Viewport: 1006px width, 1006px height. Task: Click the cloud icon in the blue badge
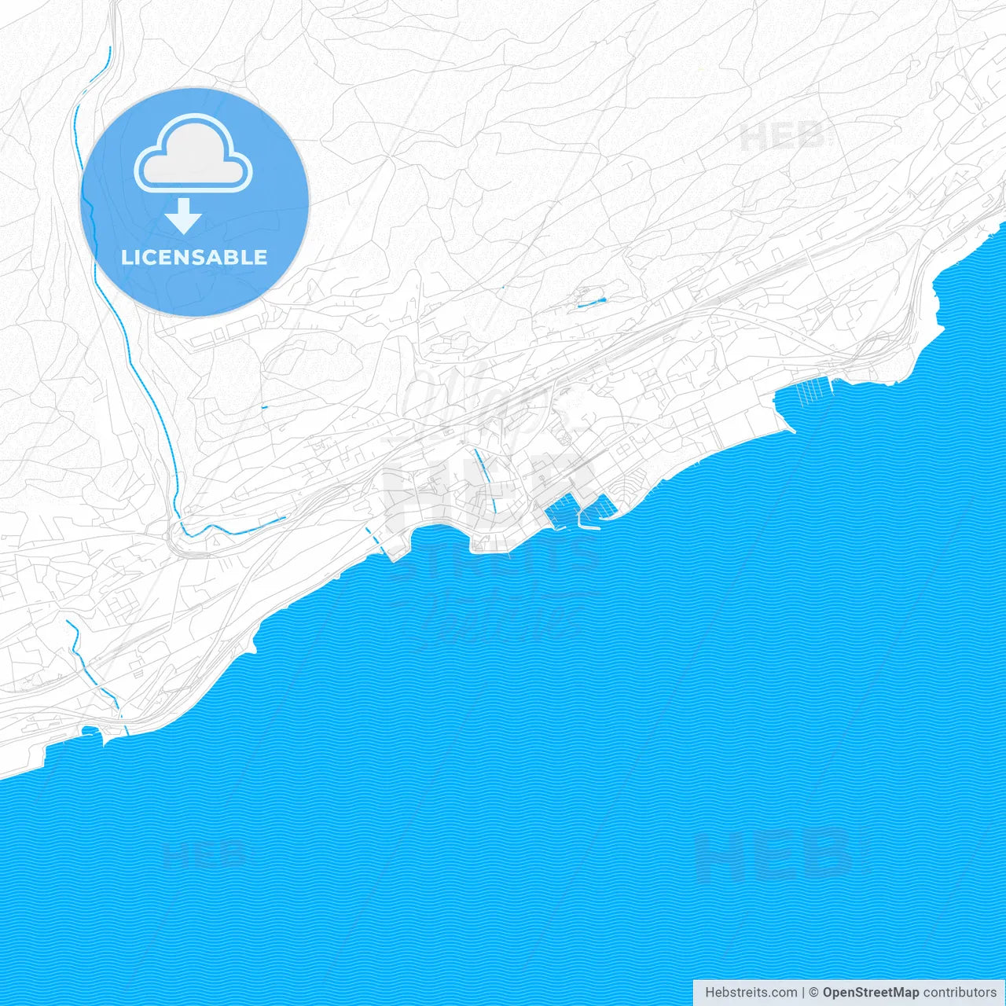pos(193,155)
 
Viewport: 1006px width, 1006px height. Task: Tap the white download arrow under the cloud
pos(184,216)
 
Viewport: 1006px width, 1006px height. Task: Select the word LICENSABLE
pos(194,257)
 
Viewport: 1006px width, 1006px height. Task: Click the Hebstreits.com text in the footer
pos(751,993)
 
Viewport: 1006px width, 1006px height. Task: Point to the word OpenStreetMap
pos(870,993)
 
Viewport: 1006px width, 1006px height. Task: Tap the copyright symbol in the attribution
pos(814,993)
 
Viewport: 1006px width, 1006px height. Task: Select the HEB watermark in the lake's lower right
pos(774,855)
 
